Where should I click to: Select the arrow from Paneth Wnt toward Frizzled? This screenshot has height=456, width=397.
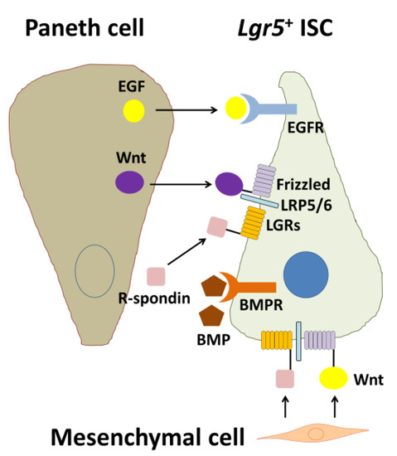click(184, 181)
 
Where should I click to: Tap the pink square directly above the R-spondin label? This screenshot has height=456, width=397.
click(156, 275)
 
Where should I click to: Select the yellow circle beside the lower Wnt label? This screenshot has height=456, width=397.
click(335, 379)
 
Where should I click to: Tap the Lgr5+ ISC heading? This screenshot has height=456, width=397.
click(293, 29)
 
